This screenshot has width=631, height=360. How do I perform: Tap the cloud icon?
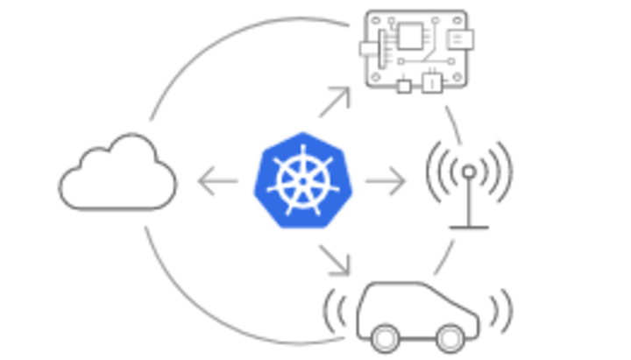(117, 175)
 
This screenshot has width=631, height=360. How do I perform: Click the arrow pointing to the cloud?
(216, 182)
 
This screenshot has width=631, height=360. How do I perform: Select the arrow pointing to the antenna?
(386, 182)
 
